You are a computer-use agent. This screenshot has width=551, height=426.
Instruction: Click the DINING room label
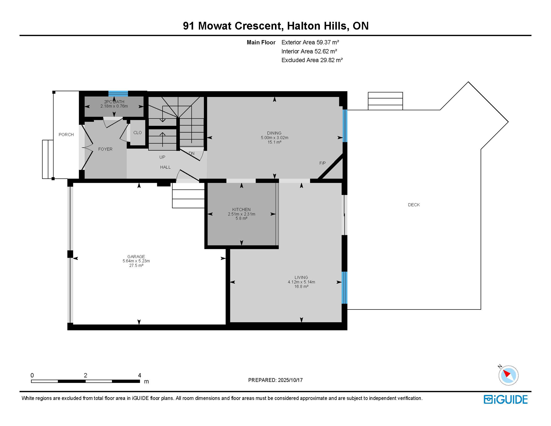(x=274, y=133)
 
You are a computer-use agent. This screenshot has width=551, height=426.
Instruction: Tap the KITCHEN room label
(x=241, y=210)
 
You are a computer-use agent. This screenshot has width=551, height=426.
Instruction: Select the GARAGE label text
(x=136, y=257)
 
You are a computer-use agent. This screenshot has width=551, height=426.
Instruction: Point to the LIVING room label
(x=301, y=278)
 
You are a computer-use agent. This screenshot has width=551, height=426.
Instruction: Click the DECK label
(x=414, y=205)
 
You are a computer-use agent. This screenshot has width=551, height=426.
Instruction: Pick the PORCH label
(x=66, y=135)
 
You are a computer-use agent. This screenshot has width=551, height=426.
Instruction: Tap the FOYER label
(x=105, y=149)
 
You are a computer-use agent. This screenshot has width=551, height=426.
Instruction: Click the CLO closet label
(x=137, y=133)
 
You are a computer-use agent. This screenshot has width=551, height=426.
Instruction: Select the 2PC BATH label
(x=114, y=102)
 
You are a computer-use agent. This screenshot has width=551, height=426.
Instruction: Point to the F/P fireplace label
(x=323, y=163)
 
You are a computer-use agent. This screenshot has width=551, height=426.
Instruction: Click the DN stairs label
(x=192, y=153)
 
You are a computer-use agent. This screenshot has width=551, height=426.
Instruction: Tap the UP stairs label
(x=162, y=157)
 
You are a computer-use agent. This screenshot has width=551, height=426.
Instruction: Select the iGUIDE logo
(x=506, y=400)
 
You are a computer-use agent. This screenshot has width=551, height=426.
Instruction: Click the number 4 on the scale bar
(x=139, y=376)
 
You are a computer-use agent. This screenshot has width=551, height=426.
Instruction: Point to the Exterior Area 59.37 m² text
(x=310, y=42)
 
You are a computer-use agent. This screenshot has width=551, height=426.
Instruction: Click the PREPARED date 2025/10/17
(x=290, y=380)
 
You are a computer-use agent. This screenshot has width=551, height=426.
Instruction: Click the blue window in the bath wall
(x=118, y=93)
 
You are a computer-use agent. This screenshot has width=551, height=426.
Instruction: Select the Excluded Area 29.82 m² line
(x=312, y=60)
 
